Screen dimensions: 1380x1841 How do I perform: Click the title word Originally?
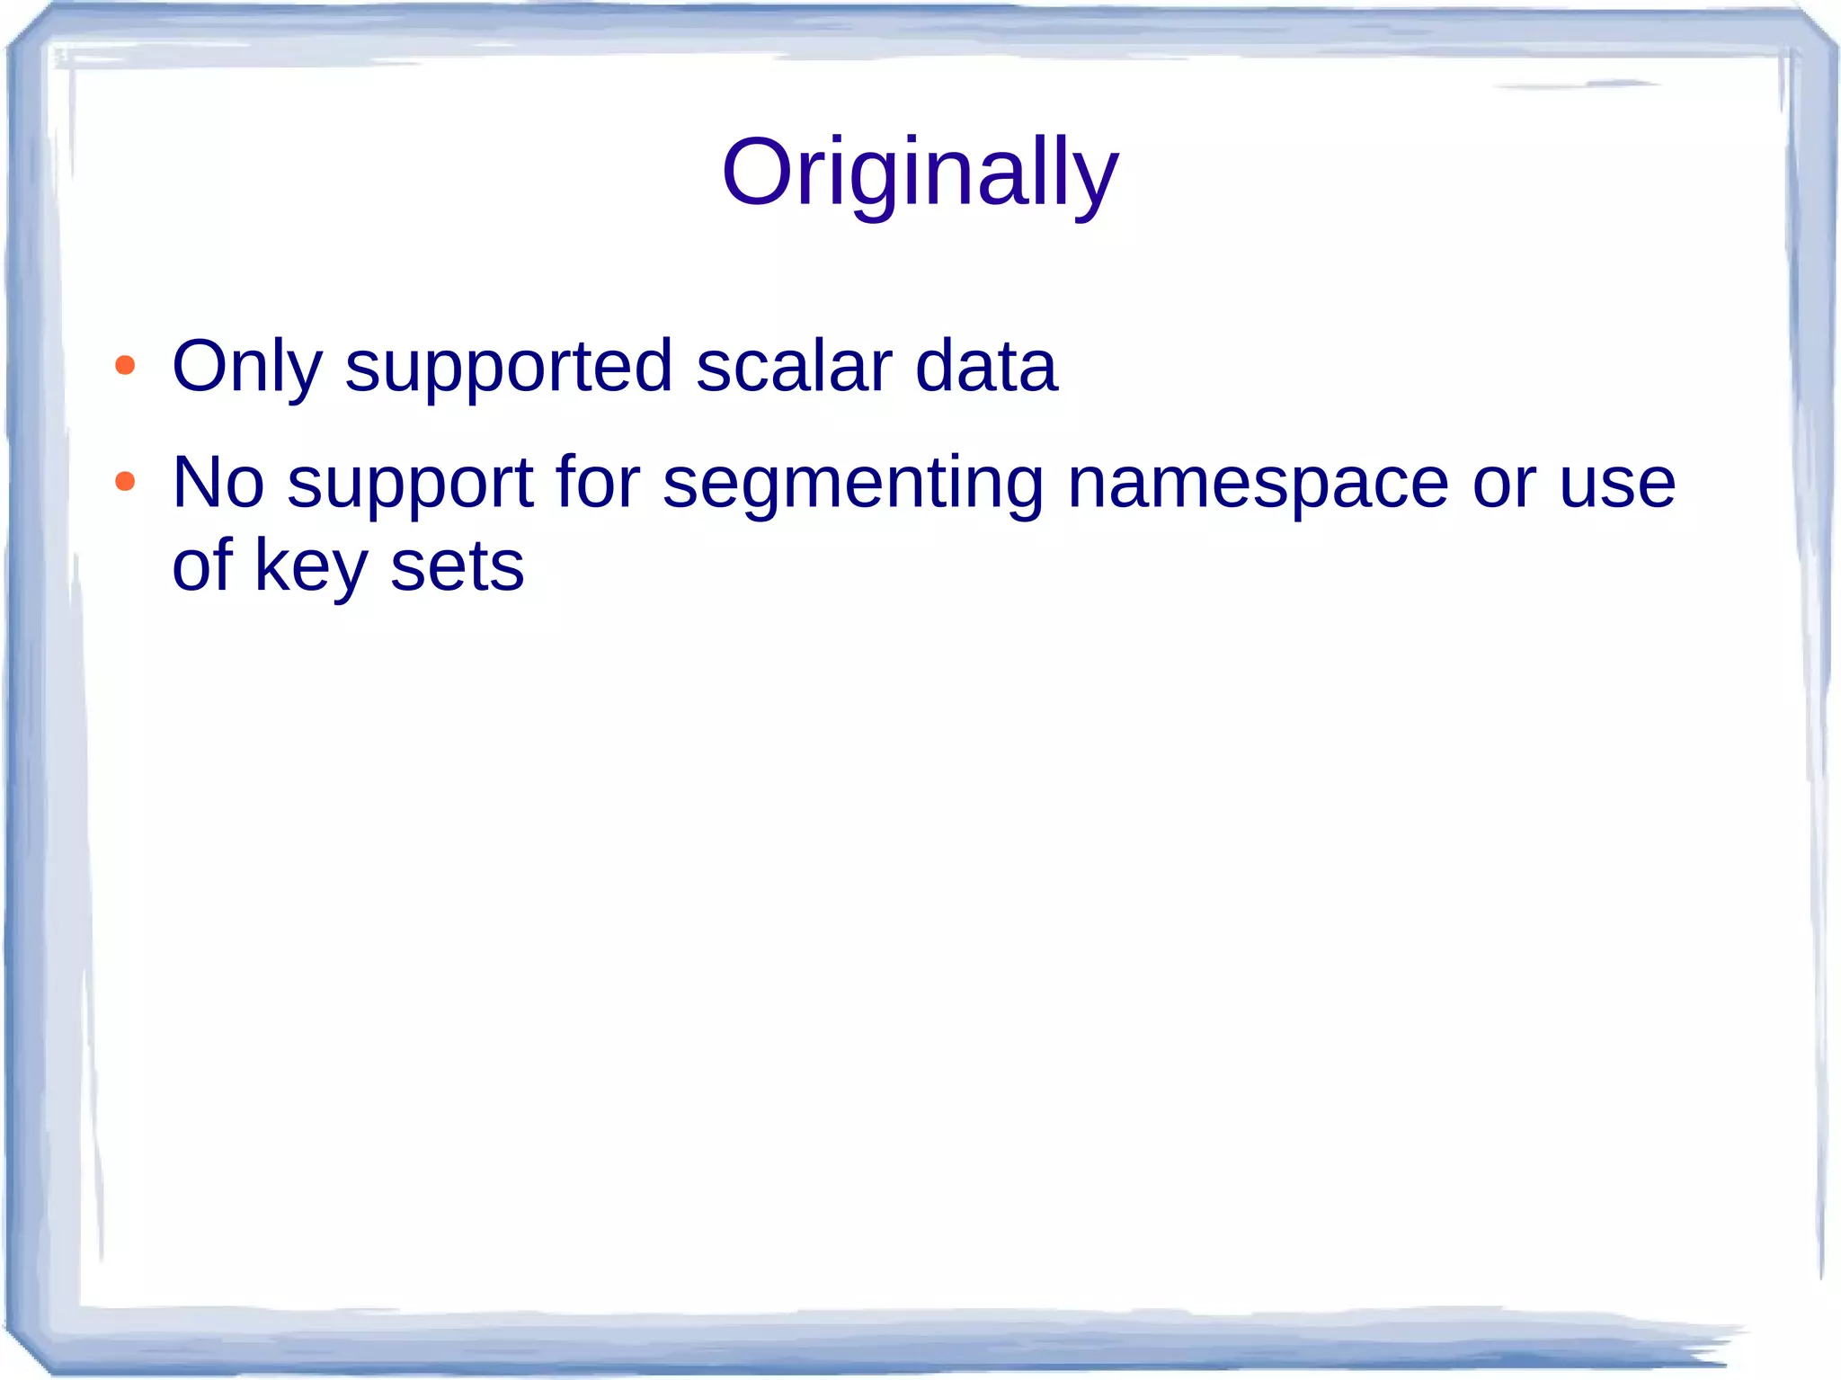920,174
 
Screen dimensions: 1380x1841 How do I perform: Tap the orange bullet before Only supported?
125,366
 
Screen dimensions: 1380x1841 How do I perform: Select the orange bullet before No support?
125,482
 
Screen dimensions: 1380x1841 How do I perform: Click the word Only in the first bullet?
246,367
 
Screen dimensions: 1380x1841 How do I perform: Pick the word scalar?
794,367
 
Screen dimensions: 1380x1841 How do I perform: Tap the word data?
986,367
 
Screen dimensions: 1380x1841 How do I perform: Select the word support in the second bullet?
411,485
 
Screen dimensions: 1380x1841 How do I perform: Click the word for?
598,483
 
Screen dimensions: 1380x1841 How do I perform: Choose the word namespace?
1258,485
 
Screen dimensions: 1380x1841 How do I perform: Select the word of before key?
201,565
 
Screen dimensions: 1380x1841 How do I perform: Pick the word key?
311,568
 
